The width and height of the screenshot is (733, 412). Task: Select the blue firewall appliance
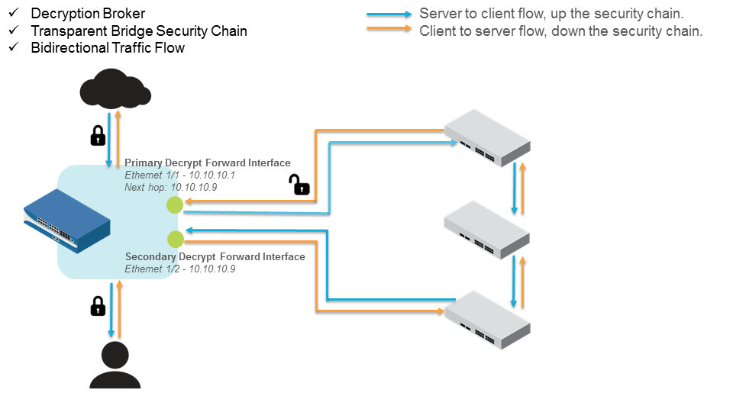67,224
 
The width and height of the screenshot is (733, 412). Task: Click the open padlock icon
299,185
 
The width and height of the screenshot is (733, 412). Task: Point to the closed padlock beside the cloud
98,136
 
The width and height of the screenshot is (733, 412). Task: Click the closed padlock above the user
98,306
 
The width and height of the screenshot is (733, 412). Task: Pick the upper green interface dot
175,204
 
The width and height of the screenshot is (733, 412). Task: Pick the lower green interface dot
176,239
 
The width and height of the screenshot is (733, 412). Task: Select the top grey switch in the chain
487,137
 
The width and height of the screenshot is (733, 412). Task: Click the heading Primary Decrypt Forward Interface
208,163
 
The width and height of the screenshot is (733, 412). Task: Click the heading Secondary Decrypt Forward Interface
215,256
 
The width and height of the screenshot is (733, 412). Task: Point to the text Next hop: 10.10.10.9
172,186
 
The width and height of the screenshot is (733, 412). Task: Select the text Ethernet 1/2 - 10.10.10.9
180,269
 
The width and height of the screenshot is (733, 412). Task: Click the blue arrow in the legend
389,14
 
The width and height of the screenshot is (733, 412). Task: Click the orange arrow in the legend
389,31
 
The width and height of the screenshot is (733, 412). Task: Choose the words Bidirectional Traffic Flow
108,48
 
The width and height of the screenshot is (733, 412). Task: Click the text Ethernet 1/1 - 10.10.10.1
179,175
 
